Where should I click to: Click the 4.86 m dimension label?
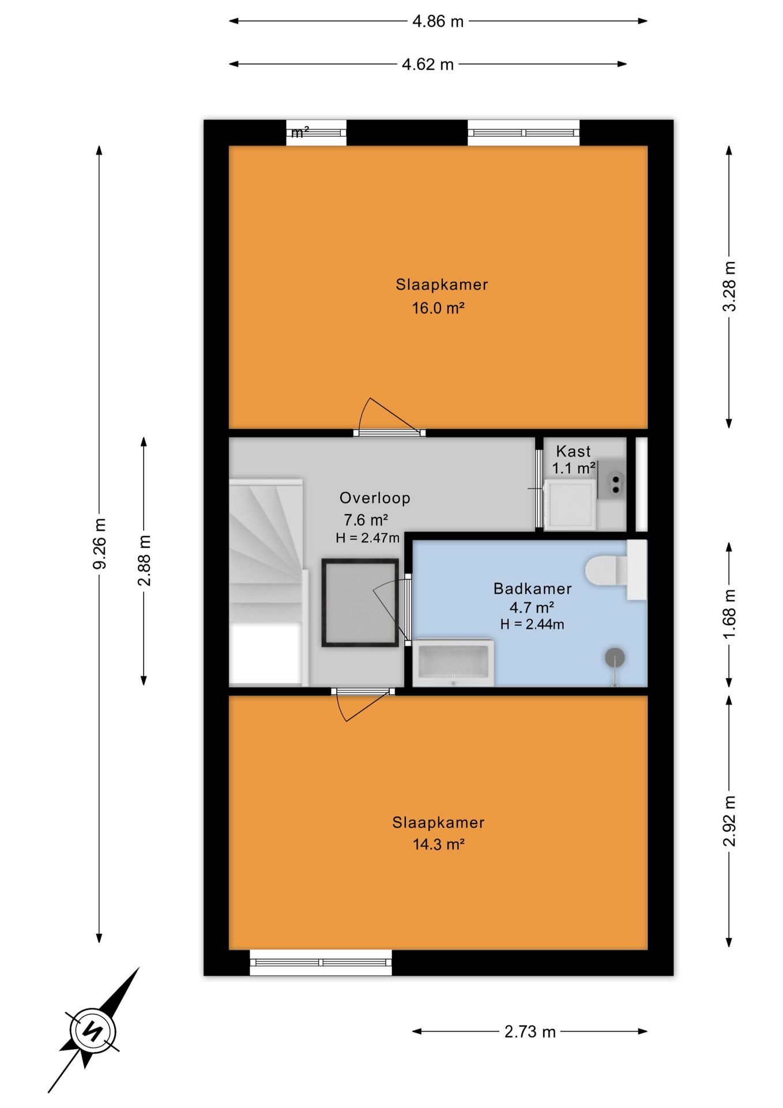(x=438, y=21)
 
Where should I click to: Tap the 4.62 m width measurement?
(x=427, y=64)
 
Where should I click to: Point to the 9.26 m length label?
(x=100, y=544)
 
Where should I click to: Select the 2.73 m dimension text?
(x=530, y=1031)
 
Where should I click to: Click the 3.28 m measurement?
(x=729, y=286)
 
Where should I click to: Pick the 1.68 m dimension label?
(x=729, y=614)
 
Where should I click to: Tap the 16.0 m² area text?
(x=438, y=308)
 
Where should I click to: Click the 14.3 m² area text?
(x=438, y=844)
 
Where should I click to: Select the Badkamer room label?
(x=532, y=589)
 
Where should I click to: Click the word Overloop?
(x=375, y=498)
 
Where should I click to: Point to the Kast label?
(x=573, y=451)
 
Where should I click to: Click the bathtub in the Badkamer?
(x=453, y=662)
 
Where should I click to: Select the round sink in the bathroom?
(x=615, y=657)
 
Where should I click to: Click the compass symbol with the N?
(x=93, y=1031)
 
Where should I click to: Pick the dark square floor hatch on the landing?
(x=360, y=602)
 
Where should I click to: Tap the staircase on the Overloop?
(x=267, y=581)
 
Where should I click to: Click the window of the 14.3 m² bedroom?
(x=321, y=962)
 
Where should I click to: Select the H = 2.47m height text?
(x=367, y=538)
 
